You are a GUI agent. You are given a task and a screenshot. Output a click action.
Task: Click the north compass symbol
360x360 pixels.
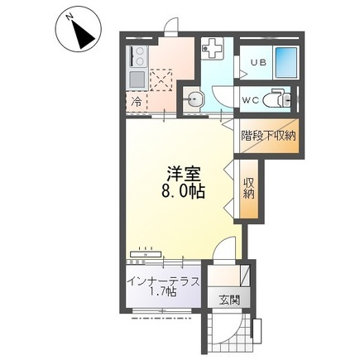79,31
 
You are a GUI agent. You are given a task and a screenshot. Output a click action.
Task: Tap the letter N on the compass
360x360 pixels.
70,17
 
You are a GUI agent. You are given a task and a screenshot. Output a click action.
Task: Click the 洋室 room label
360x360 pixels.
183,174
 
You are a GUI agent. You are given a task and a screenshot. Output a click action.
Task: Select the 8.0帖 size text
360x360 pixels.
183,191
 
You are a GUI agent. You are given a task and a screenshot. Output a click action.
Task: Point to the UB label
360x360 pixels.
258,62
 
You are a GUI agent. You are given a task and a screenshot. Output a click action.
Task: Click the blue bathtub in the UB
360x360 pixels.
286,63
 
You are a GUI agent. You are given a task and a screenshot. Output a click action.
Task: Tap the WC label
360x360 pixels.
251,100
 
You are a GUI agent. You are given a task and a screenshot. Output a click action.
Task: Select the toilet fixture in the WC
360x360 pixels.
276,99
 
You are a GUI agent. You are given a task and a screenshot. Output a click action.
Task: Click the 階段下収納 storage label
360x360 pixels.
268,136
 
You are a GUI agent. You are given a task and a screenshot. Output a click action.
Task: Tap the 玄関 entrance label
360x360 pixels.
229,300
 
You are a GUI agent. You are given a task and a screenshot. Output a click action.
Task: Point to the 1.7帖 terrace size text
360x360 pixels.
164,291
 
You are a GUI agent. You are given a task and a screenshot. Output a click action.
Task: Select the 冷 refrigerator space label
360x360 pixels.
137,102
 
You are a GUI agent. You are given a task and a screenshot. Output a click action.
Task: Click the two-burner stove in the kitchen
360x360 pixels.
137,56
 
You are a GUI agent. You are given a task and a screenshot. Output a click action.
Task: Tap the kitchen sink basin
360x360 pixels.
138,79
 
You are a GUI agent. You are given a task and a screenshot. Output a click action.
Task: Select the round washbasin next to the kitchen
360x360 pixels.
194,99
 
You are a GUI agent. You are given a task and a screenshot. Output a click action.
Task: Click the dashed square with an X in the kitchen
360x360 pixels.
161,80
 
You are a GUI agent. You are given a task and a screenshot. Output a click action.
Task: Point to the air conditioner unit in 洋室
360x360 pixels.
146,253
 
